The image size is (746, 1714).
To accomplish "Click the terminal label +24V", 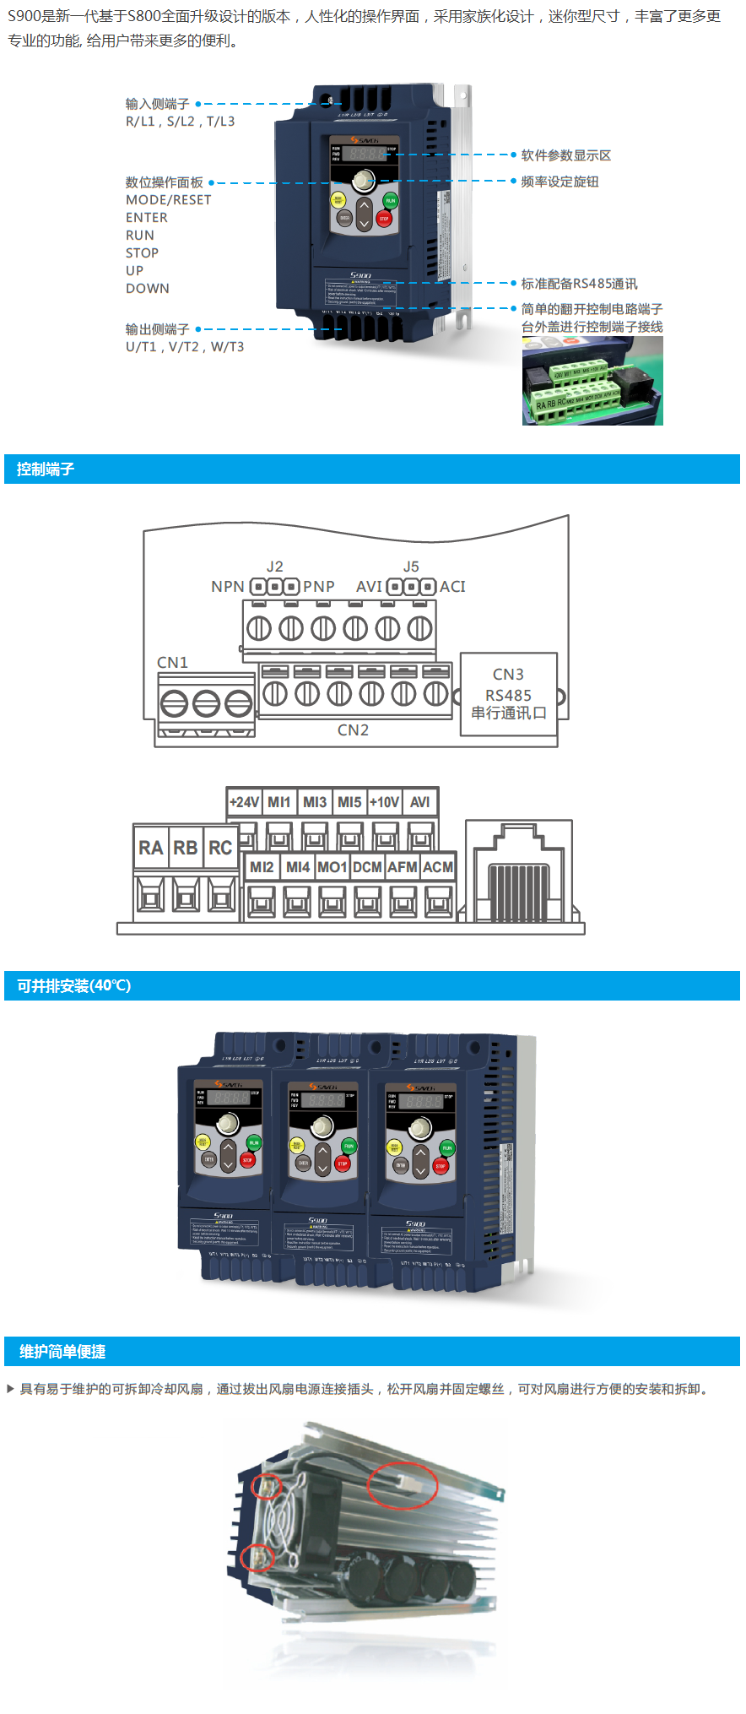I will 244,802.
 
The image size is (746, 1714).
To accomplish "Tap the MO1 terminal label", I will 332,867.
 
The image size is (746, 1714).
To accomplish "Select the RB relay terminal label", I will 186,848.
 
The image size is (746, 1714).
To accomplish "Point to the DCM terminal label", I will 367,867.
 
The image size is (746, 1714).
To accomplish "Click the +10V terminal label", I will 384,802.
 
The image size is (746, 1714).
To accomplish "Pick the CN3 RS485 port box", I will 508,694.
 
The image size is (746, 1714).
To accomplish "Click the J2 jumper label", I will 274,567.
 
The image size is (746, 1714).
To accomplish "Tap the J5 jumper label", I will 411,567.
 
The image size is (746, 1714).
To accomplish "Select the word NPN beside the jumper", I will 228,587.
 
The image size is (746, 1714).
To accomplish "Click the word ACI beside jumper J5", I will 452,587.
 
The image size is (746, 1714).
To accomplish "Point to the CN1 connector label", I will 172,663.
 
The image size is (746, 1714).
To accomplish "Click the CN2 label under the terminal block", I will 353,730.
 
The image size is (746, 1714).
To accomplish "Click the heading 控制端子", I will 46,469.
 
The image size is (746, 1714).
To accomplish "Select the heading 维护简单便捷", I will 62,1352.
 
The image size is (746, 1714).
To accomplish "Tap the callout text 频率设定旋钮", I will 559,182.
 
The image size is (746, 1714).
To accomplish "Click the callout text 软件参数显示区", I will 565,155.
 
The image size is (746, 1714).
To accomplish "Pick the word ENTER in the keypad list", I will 147,218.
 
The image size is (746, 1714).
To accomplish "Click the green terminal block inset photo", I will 592,381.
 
